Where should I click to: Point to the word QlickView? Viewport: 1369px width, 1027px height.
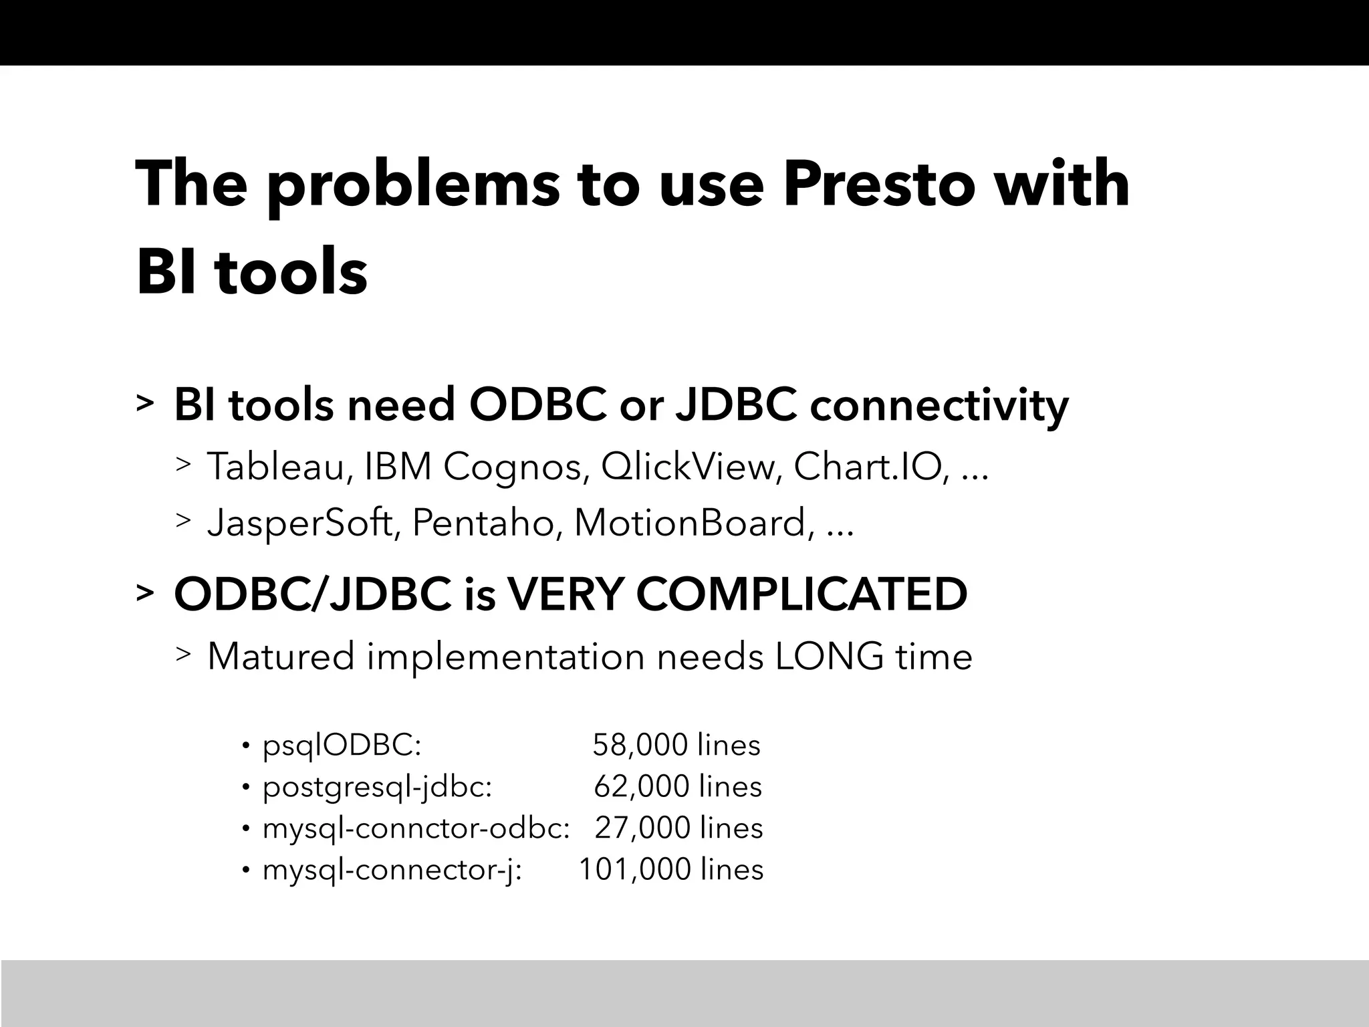tap(691, 467)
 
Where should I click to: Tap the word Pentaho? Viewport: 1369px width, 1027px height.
tap(483, 523)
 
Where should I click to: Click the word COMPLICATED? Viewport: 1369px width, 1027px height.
tap(801, 594)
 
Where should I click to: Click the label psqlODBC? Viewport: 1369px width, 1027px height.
tap(342, 746)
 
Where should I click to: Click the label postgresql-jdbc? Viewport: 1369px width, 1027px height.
tap(377, 787)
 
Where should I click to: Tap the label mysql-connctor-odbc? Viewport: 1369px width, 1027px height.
tap(416, 828)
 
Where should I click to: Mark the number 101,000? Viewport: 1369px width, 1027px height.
tap(634, 870)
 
